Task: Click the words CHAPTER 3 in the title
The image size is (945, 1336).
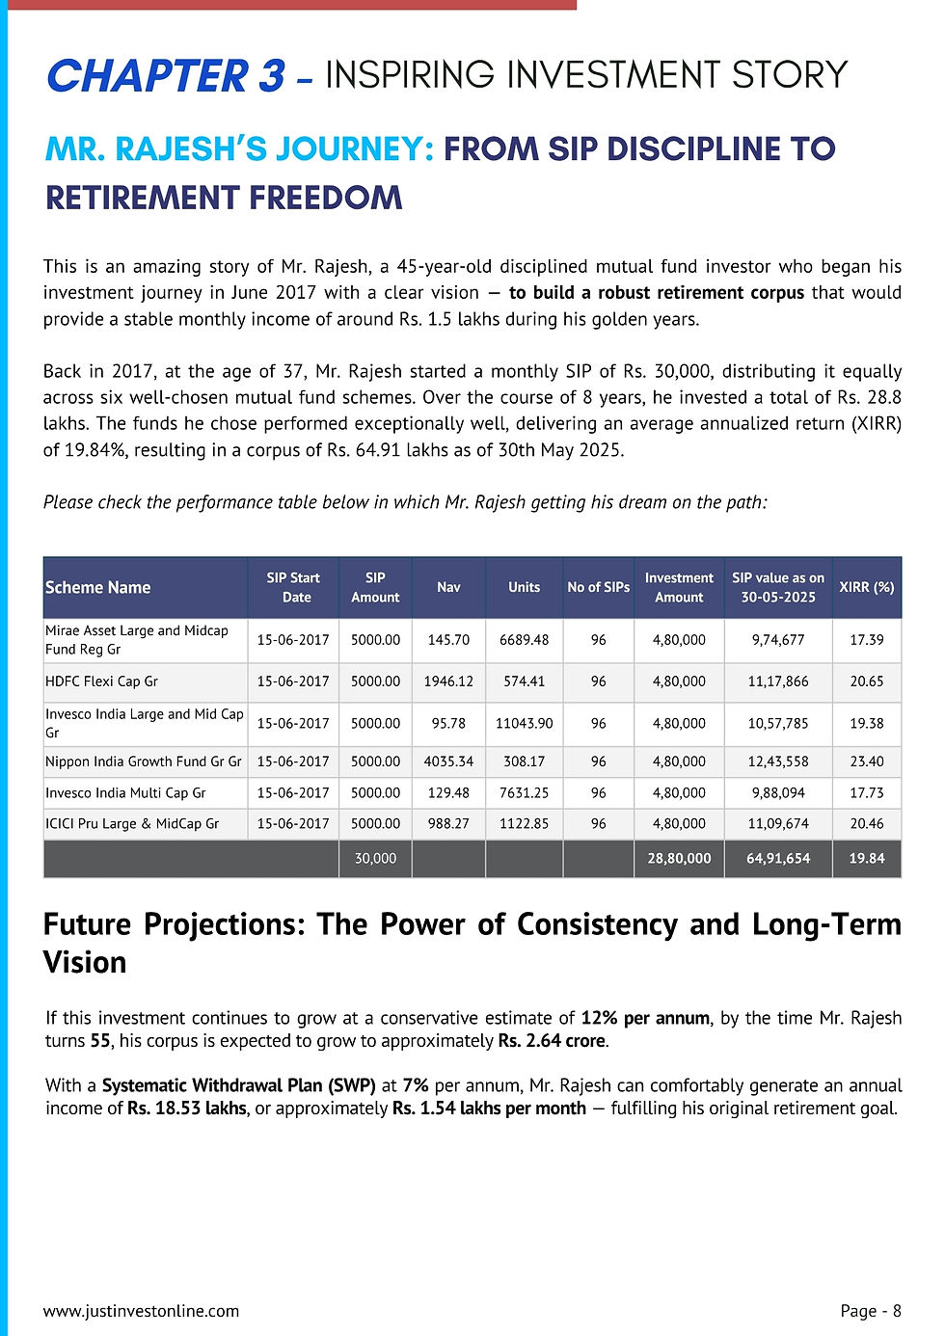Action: tap(166, 76)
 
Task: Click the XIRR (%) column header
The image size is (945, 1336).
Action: tap(866, 587)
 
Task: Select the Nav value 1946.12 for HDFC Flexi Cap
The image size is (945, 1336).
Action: tap(448, 681)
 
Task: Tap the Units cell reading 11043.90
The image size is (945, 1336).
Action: tap(524, 723)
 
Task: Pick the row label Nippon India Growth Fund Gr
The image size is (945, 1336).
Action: tap(143, 762)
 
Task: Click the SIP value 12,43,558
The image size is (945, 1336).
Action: tap(778, 762)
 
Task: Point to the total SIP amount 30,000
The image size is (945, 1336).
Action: tap(375, 858)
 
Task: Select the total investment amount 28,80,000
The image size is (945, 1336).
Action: tap(679, 858)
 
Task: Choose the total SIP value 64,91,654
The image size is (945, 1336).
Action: tap(778, 858)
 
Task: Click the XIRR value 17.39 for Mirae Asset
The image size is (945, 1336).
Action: tap(866, 640)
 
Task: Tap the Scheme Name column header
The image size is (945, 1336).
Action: tap(98, 587)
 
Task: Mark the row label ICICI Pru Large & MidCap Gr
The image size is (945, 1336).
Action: tap(132, 824)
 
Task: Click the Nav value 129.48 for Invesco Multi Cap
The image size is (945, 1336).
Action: tap(448, 793)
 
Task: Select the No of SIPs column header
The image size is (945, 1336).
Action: tap(598, 587)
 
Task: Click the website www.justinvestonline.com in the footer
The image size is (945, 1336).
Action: tap(141, 1311)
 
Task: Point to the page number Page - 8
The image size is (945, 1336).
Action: tap(871, 1311)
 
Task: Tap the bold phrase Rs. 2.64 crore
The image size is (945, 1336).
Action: tap(553, 1041)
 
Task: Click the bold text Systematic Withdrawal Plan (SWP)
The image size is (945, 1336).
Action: tap(239, 1085)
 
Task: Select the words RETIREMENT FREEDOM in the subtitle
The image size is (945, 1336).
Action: tap(224, 198)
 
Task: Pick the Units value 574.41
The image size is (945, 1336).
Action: tap(524, 681)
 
